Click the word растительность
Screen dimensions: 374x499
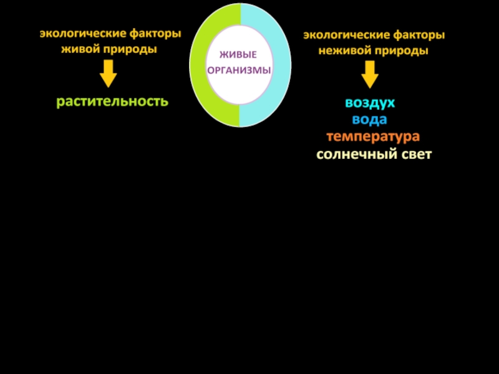112,101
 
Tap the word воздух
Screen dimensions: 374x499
370,103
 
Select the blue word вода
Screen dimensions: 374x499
370,120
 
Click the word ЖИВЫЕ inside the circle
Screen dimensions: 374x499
240,56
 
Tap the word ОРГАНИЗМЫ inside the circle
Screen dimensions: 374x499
240,70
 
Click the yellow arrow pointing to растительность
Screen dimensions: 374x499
109,76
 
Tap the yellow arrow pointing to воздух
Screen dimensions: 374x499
370,76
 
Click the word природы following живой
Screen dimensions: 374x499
133,49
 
